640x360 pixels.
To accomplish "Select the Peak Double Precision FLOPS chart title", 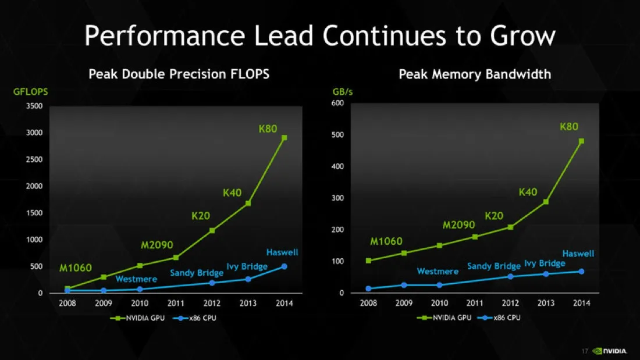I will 179,74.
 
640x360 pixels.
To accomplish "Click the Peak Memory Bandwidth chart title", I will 475,74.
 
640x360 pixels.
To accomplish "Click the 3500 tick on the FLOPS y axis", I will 34,106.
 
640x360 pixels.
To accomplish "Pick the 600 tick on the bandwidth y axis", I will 337,104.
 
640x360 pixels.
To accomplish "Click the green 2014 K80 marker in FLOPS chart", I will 285,138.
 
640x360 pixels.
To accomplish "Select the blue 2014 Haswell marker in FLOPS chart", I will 285,266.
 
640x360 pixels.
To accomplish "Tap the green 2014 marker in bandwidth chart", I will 581,141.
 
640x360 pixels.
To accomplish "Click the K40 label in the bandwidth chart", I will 528,192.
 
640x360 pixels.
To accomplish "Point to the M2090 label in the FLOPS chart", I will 157,245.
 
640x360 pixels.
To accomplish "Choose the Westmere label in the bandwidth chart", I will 438,271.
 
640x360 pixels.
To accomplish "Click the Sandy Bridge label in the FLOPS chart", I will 197,273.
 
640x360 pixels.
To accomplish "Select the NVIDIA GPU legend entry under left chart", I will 135,318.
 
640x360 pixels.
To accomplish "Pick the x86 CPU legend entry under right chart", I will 500,318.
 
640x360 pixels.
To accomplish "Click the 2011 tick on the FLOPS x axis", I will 176,303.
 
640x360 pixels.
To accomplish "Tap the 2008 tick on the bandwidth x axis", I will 368,303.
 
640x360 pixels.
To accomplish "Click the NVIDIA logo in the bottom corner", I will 610,351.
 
